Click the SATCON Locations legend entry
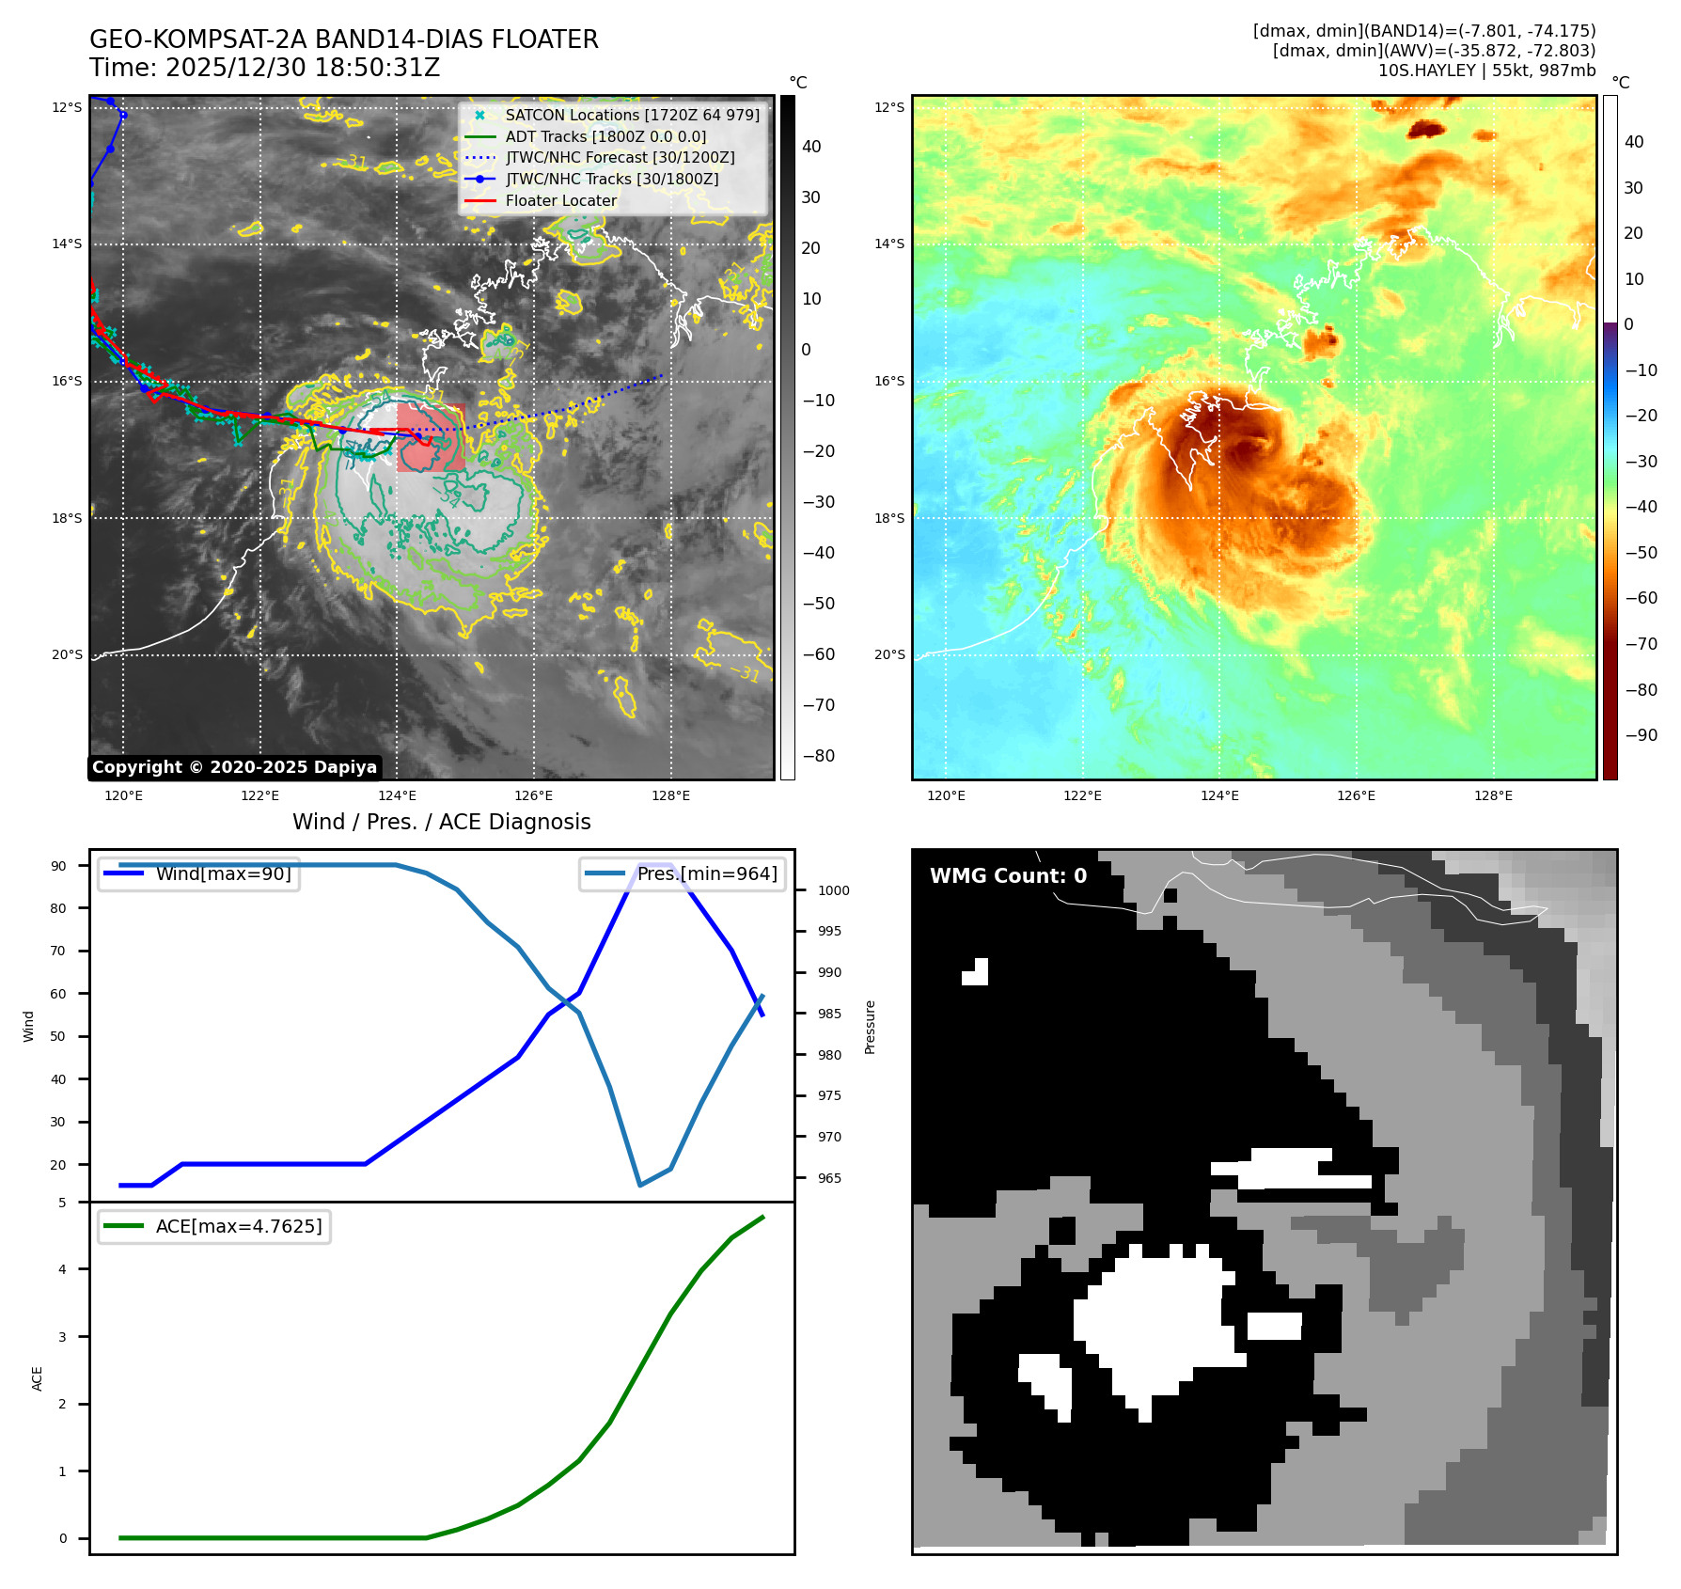[x=632, y=115]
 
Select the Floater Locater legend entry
[x=560, y=200]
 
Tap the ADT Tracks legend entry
[x=605, y=136]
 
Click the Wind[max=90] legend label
[x=223, y=873]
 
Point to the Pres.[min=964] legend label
[x=707, y=873]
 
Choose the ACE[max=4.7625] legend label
[x=238, y=1226]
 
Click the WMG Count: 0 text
[x=1008, y=876]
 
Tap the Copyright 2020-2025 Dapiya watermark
[x=234, y=767]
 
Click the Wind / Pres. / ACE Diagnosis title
[x=442, y=822]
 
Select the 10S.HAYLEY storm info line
[x=1486, y=71]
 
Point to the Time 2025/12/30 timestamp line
[x=265, y=68]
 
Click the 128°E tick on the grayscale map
[x=670, y=796]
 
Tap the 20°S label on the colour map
[x=889, y=654]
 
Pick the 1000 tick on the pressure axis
[x=833, y=890]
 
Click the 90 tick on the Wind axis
[x=59, y=866]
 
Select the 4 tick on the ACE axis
[x=63, y=1269]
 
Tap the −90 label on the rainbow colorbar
[x=1641, y=735]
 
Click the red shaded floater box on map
[x=432, y=438]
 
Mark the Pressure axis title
[x=871, y=1027]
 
